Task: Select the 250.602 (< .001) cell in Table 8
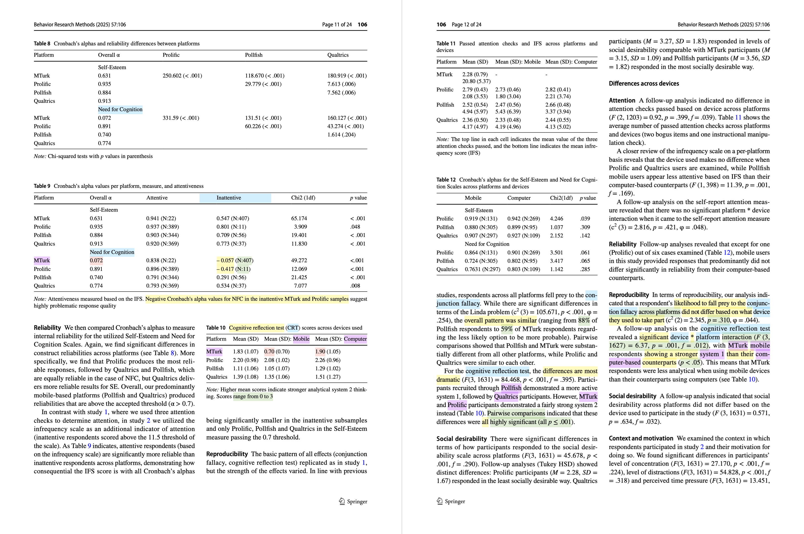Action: (182, 76)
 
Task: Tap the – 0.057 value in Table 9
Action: (225, 260)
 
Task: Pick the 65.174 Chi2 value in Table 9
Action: (299, 218)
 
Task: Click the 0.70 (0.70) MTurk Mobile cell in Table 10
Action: (277, 352)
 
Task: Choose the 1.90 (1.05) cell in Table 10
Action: (327, 352)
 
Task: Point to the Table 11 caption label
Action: (446, 44)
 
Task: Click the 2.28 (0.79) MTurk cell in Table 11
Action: (475, 74)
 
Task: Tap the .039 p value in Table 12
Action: (585, 219)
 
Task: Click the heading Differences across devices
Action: (644, 84)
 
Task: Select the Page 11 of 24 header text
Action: (337, 25)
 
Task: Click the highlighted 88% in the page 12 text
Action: (583, 320)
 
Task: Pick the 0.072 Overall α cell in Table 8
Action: (104, 118)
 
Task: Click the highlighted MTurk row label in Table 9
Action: (42, 260)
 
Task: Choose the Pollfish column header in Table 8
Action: (253, 55)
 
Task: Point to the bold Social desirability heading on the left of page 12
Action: (461, 439)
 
